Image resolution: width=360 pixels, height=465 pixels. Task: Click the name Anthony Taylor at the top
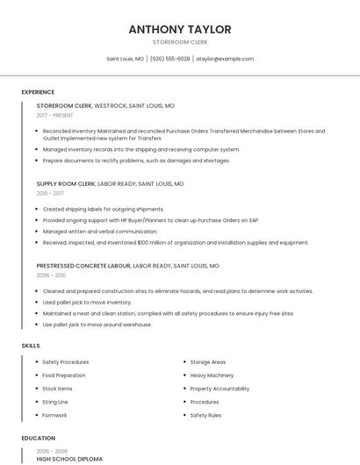(180, 29)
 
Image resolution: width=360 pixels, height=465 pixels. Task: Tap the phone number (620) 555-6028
(170, 59)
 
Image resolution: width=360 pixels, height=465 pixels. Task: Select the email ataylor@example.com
(225, 59)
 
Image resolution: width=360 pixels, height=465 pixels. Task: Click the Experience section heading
(38, 92)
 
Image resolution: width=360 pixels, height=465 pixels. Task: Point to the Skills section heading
(31, 346)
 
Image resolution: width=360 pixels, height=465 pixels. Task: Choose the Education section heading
(38, 438)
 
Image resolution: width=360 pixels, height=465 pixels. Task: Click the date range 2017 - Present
(54, 115)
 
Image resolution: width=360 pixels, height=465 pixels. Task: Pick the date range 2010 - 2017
(50, 193)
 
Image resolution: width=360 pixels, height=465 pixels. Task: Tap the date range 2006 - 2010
(50, 275)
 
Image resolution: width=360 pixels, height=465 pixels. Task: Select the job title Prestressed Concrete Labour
(83, 265)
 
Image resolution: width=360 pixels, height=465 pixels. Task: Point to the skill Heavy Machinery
(212, 376)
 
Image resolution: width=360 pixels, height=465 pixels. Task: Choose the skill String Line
(55, 402)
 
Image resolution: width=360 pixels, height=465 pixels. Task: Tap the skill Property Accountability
(220, 389)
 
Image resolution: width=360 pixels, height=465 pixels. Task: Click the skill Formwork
(54, 415)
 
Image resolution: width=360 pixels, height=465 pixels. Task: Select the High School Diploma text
(69, 459)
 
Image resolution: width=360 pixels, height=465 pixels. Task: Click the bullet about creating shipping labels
(103, 210)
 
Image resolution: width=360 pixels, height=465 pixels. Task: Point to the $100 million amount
(166, 243)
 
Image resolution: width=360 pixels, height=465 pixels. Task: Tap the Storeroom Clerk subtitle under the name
(180, 42)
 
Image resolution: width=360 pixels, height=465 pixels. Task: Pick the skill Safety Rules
(205, 415)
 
